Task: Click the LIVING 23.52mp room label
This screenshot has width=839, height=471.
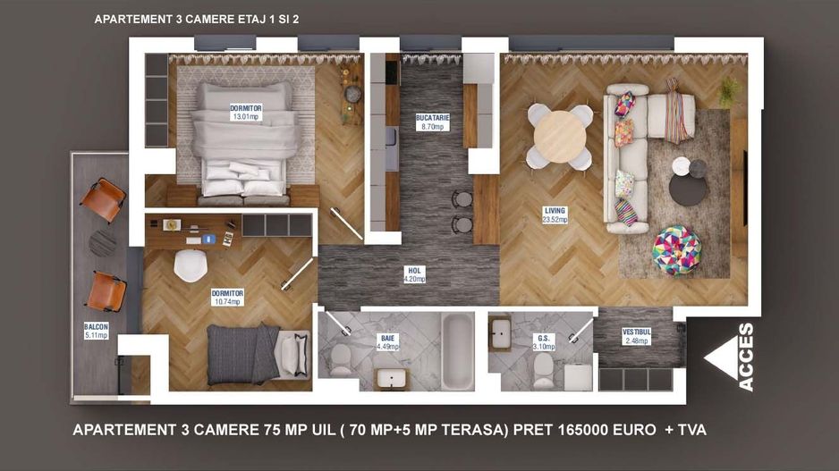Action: pyautogui.click(x=555, y=215)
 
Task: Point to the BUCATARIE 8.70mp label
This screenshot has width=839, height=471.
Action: pyautogui.click(x=432, y=122)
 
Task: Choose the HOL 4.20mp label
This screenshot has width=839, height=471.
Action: pyautogui.click(x=414, y=273)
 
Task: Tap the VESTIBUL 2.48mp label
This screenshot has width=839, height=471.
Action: pyautogui.click(x=636, y=336)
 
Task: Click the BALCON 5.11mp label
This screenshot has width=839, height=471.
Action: pyautogui.click(x=97, y=332)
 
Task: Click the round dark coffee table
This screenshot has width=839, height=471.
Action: pyautogui.click(x=687, y=189)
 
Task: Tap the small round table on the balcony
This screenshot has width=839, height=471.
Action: pyautogui.click(x=103, y=242)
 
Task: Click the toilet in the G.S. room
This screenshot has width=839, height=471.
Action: pyautogui.click(x=543, y=369)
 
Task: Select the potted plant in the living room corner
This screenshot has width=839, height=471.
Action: pyautogui.click(x=729, y=89)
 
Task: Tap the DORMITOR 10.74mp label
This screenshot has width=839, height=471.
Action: pyautogui.click(x=227, y=297)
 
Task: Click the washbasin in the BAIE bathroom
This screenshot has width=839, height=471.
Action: pyautogui.click(x=391, y=378)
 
